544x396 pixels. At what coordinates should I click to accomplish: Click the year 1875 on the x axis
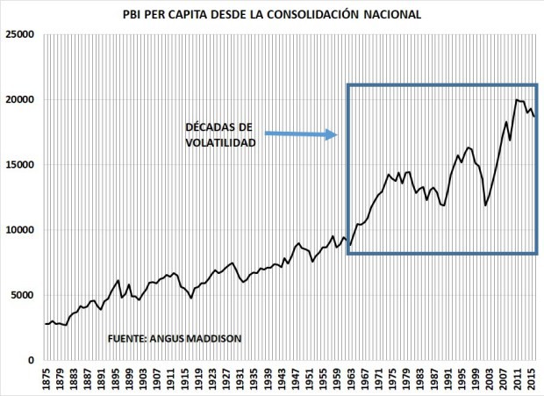coord(46,378)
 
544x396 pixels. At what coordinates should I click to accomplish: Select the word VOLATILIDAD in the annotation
coord(220,142)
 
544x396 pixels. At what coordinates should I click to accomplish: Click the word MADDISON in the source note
coord(213,338)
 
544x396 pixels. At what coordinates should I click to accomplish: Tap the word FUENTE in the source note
coord(130,338)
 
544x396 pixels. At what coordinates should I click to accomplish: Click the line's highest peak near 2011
coord(516,100)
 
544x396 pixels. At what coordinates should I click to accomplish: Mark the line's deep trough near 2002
coord(485,205)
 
